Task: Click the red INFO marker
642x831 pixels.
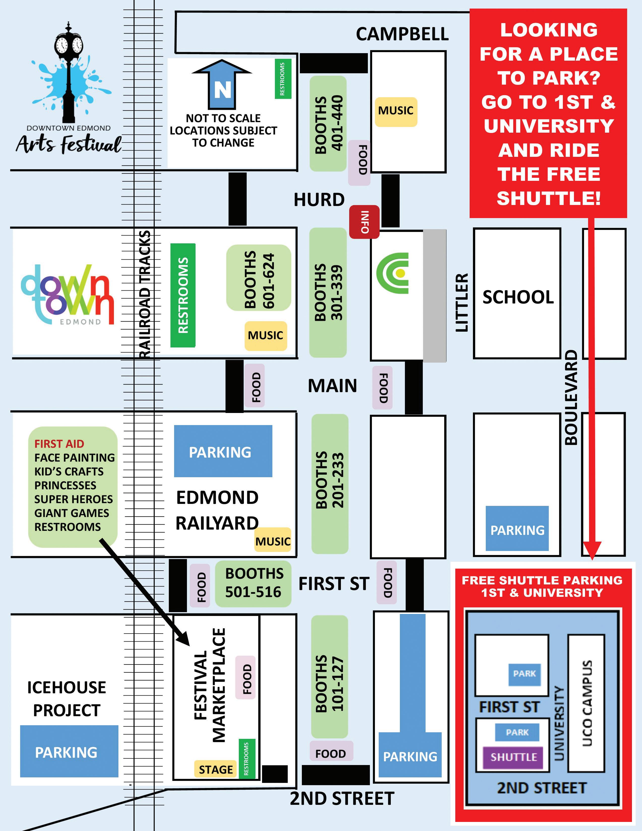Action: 364,222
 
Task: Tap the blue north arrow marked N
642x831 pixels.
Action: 222,86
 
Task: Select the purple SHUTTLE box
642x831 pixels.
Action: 513,757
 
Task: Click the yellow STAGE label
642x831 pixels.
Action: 215,769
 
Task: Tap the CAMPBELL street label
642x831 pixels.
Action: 402,34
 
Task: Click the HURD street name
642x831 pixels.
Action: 319,200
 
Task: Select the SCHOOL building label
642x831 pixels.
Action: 518,297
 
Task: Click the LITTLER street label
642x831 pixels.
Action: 462,302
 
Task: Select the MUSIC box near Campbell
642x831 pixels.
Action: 396,111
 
